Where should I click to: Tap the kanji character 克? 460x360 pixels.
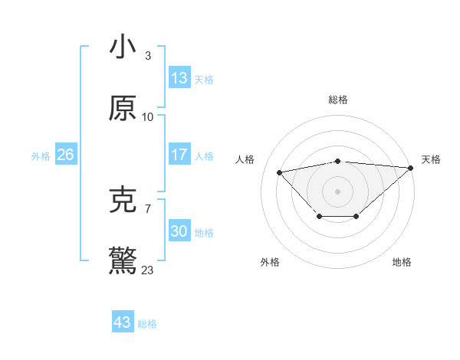tap(123, 200)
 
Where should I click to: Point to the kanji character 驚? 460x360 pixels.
tap(123, 261)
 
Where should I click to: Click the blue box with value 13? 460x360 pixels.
tap(179, 77)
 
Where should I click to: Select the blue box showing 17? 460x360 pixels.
tap(179, 155)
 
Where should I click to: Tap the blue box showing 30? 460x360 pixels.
tap(179, 231)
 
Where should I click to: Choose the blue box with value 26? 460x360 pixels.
tap(65, 155)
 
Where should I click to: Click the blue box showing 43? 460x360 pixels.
tap(122, 322)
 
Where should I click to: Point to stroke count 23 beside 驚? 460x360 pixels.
tap(148, 270)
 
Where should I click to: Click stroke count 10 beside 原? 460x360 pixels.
tap(148, 117)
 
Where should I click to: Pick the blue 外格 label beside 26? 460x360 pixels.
tap(41, 155)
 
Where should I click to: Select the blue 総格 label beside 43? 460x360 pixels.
tap(147, 324)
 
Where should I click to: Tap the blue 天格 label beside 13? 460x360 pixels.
tap(204, 79)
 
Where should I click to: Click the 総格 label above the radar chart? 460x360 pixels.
tap(338, 100)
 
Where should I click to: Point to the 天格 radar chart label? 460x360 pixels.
tap(431, 159)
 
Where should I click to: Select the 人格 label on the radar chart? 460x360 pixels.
tap(245, 159)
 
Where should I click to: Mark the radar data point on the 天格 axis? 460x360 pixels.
tap(410, 167)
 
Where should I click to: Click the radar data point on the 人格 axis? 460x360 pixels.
tap(279, 172)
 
